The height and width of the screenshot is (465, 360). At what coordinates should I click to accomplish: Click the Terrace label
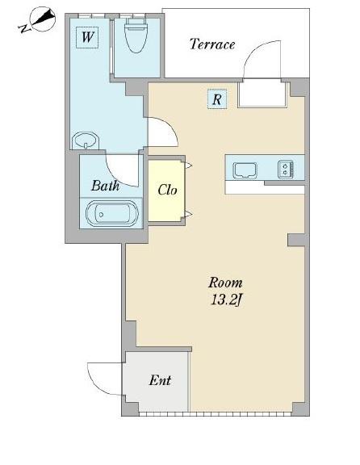(212, 44)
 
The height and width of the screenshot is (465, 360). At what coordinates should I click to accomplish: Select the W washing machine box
(87, 37)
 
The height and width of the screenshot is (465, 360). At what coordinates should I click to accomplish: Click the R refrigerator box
(217, 99)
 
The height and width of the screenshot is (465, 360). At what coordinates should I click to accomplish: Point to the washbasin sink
(86, 140)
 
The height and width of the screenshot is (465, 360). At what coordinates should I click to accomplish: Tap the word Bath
(105, 186)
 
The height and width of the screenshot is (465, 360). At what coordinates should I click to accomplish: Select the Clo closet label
(167, 190)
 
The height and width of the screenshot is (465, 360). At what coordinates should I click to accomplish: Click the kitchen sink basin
(245, 170)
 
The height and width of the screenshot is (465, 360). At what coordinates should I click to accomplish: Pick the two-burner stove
(286, 170)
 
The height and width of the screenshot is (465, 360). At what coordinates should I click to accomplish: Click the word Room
(225, 283)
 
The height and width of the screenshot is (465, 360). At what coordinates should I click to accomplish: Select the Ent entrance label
(160, 380)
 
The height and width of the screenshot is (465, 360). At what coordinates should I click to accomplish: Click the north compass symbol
(44, 19)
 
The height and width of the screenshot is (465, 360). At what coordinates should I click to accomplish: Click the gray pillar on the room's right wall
(296, 240)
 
